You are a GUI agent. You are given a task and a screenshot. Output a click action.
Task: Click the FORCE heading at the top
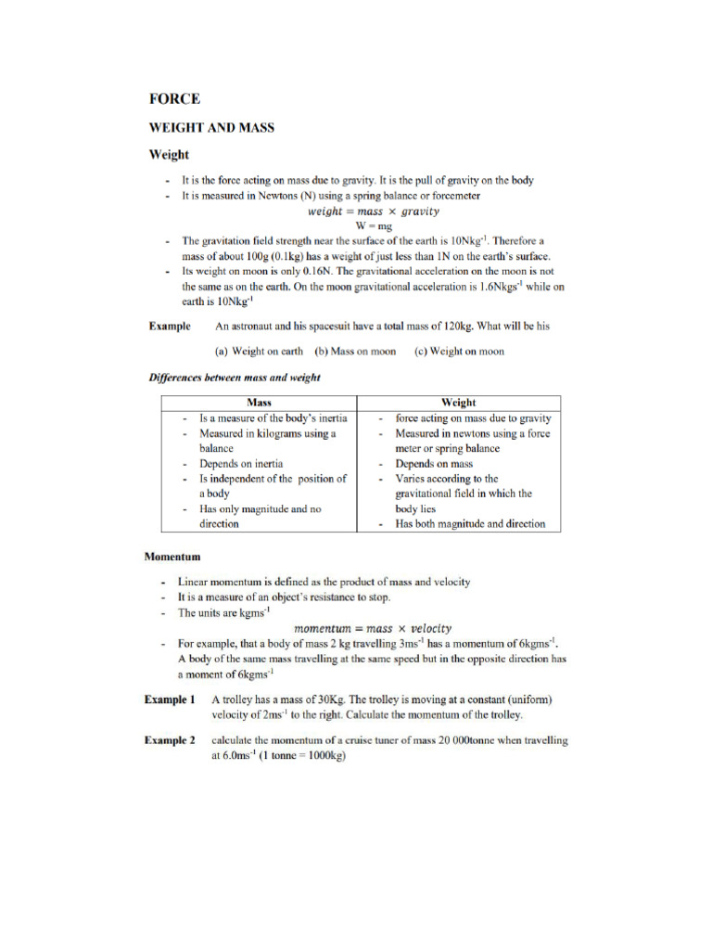(x=174, y=99)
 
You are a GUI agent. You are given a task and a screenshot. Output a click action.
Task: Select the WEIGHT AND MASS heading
(x=211, y=127)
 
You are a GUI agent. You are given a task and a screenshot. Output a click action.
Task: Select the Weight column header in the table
(x=459, y=403)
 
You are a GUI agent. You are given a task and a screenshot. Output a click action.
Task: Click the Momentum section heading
(x=172, y=557)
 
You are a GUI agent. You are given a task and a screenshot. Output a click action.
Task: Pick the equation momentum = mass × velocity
(x=379, y=628)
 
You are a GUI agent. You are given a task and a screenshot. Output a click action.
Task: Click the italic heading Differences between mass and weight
(x=235, y=378)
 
